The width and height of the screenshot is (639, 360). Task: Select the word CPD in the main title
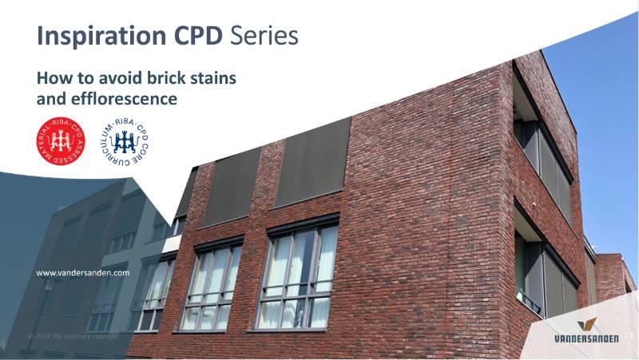click(200, 36)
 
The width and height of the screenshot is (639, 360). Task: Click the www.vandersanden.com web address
click(83, 272)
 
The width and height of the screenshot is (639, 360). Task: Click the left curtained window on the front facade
click(212, 285)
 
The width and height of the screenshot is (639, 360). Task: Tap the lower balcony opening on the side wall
click(544, 275)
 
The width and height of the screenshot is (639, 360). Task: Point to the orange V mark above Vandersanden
click(588, 324)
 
